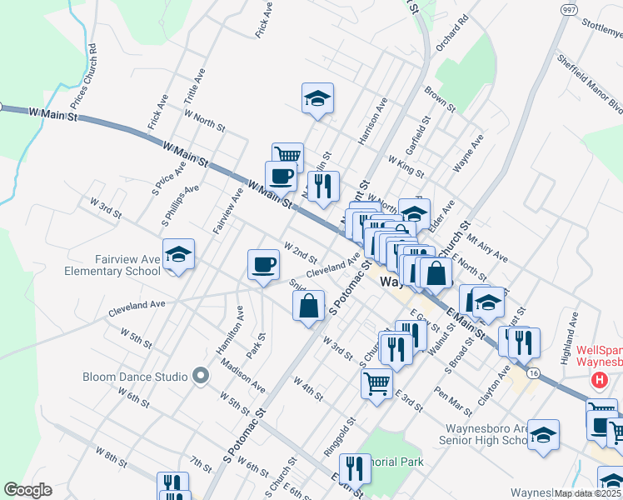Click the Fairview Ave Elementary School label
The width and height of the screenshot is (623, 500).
[113, 265]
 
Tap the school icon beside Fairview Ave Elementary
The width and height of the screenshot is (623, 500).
[178, 254]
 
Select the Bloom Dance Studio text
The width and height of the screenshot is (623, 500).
[135, 377]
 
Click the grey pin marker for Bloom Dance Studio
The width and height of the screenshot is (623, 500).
[200, 377]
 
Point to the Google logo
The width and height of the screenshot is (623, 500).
[27, 490]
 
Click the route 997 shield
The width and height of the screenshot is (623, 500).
[570, 10]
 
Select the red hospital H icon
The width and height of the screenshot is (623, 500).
[598, 381]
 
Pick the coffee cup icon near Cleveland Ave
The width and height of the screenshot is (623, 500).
[263, 265]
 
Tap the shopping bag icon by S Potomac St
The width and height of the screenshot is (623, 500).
[309, 305]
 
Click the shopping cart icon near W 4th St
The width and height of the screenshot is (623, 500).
[376, 384]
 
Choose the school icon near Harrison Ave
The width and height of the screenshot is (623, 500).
[317, 98]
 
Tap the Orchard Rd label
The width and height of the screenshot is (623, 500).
[446, 52]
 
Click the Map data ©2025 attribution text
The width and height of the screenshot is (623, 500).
[587, 493]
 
